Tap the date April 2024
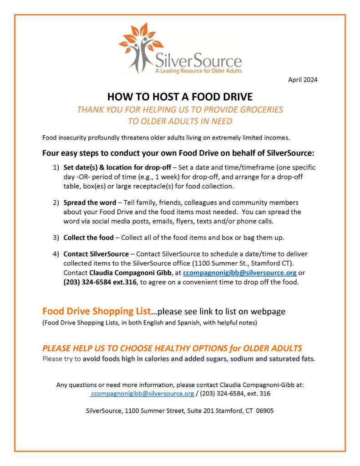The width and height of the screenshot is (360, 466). (303, 80)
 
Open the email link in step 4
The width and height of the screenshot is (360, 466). (243, 273)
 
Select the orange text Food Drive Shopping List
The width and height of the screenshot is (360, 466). (96, 311)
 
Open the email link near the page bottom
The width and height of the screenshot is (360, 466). (142, 393)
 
